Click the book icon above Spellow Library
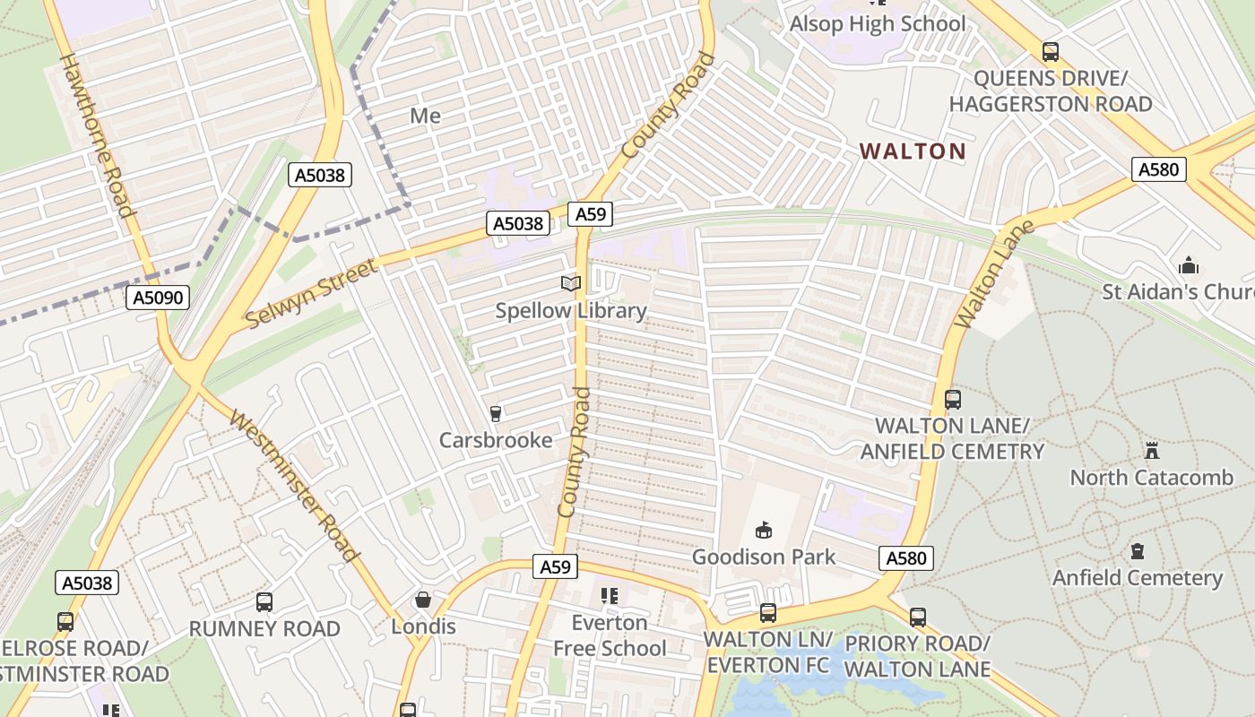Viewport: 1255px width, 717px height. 571,284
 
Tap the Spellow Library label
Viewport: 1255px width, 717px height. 571,311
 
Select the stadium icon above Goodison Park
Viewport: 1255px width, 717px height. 764,531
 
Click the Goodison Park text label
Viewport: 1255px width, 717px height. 764,557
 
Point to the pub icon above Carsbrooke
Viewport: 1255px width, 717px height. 495,413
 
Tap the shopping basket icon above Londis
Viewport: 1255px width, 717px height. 423,600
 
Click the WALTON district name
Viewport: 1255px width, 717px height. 913,151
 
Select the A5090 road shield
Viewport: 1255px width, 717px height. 158,298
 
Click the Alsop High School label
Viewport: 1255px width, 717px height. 878,24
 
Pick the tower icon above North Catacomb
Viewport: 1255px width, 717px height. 1152,450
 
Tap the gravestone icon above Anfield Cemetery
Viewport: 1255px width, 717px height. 1138,550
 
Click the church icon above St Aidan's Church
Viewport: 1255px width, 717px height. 1189,265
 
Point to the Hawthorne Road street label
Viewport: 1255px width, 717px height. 97,134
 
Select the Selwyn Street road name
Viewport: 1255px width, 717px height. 311,294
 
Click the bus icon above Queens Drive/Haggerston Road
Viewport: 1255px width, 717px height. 1051,52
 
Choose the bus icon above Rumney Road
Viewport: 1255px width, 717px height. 264,601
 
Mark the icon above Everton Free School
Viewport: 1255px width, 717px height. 610,596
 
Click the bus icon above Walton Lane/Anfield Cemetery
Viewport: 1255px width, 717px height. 953,399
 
